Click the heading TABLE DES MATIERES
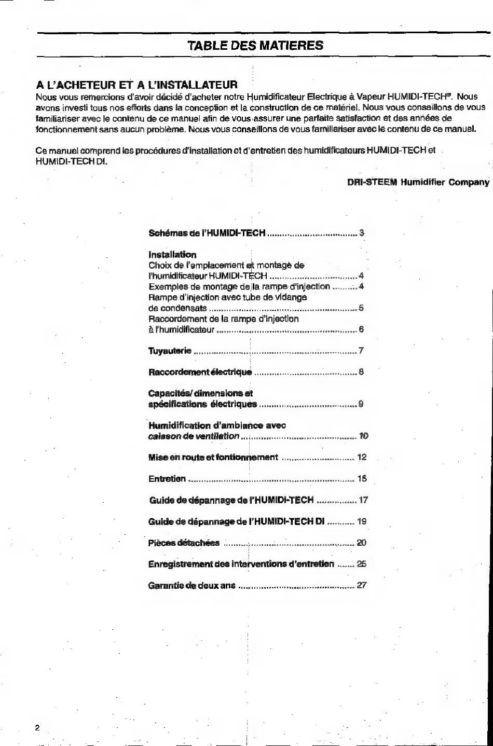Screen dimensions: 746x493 click(x=255, y=46)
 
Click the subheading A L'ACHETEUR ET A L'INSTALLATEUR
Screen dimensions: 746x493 click(x=136, y=85)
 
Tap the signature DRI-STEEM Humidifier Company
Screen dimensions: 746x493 click(x=418, y=182)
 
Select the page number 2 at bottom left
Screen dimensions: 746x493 click(x=37, y=727)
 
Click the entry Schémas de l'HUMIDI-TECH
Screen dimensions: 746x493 click(x=207, y=233)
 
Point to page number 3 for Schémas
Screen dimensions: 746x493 click(x=362, y=233)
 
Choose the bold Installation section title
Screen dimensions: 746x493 click(x=172, y=255)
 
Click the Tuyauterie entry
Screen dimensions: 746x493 click(x=170, y=351)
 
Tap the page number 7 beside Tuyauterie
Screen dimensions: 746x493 click(x=361, y=351)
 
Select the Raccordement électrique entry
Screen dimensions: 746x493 click(x=200, y=372)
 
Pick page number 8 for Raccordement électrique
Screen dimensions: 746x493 click(x=361, y=372)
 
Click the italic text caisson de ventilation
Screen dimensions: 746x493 click(x=194, y=436)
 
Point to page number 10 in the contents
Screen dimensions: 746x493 click(x=363, y=436)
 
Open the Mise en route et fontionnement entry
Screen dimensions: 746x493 click(x=213, y=458)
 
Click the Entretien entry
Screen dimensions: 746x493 click(x=167, y=479)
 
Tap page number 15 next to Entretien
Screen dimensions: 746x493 click(x=362, y=479)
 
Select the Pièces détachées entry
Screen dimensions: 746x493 click(x=184, y=543)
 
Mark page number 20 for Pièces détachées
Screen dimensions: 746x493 click(x=362, y=543)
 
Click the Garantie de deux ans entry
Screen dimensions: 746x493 click(x=192, y=586)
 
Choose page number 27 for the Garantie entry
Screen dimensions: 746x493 click(x=362, y=586)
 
